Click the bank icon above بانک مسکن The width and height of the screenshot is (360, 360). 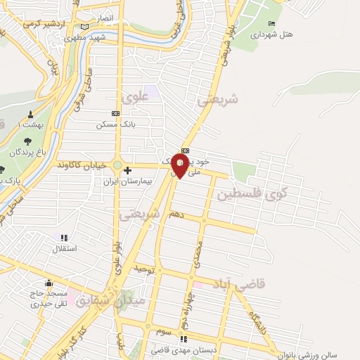116,114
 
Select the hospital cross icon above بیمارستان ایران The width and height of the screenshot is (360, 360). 127,170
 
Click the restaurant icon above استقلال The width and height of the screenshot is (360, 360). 65,238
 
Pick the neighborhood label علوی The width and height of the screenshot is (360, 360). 131,98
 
